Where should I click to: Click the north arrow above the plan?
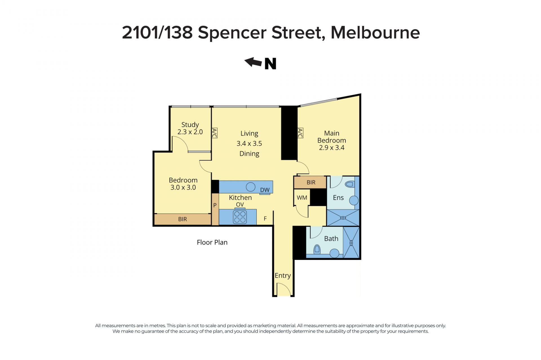pos(253,62)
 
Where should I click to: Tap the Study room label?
pos(190,125)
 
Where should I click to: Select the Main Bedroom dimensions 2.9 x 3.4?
pos(332,147)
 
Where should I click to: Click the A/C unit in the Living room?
pos(214,133)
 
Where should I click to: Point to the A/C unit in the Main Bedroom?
pos(300,133)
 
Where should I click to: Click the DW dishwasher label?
pos(265,190)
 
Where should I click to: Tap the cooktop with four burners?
pos(240,217)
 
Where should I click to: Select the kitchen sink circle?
pos(250,187)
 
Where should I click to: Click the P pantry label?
pos(215,205)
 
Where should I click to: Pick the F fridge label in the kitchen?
pos(265,218)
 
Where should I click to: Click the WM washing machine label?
pos(302,198)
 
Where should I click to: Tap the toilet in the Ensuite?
pos(349,184)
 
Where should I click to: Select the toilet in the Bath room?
pos(317,249)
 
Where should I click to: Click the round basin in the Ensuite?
pos(354,201)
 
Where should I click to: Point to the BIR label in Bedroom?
pos(183,219)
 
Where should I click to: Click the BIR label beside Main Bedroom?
pos(311,182)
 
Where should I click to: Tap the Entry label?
pos(283,276)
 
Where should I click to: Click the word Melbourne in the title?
pos(375,33)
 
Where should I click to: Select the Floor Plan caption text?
pos(212,242)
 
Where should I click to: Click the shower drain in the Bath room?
pos(351,242)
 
